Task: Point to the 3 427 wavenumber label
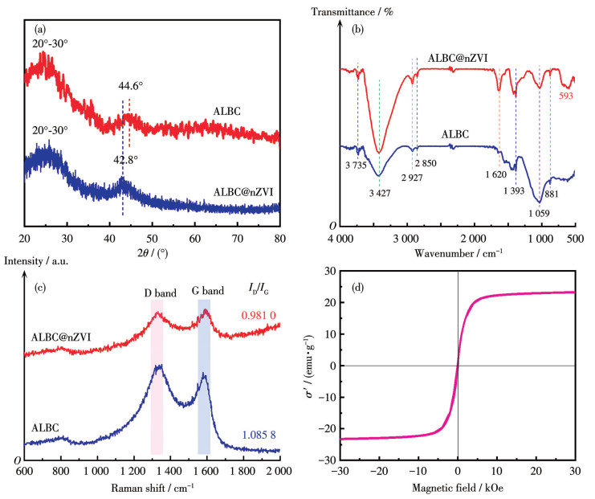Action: coord(380,193)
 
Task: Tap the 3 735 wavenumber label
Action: coord(356,165)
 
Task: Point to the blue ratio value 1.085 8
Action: coord(259,436)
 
